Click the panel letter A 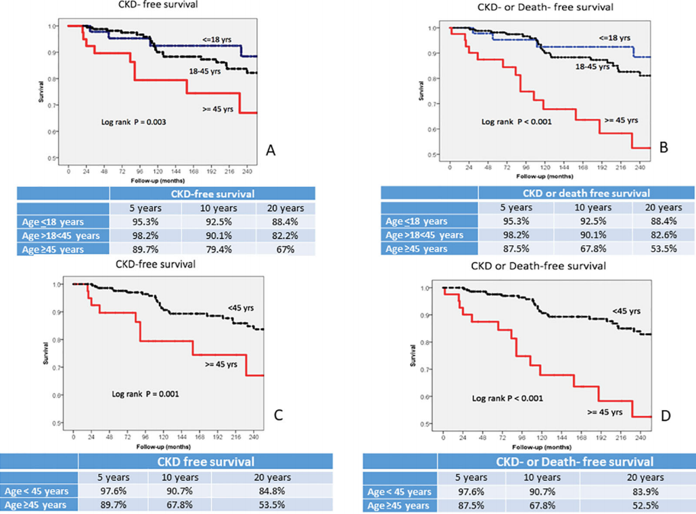pyautogui.click(x=271, y=151)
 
